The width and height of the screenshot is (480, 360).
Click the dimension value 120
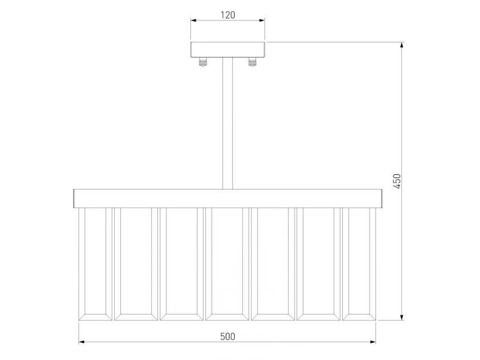228,15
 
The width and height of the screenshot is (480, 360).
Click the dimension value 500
228,337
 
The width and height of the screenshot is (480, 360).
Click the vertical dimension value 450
397,181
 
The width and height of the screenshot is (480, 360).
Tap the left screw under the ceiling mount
203,62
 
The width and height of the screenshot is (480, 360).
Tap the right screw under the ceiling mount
252,62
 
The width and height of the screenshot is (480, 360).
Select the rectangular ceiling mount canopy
228,50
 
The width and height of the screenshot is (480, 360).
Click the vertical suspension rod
228,123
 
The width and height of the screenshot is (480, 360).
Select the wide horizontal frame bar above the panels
228,198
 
